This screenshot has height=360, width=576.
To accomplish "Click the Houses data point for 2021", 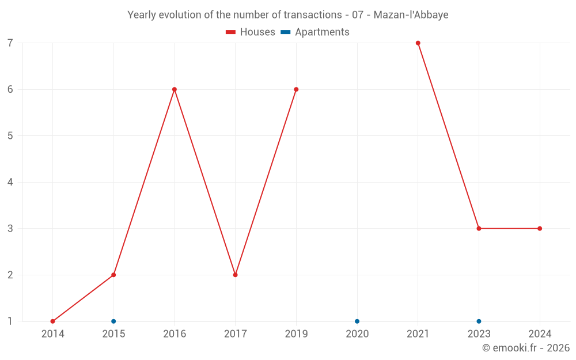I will [x=418, y=43].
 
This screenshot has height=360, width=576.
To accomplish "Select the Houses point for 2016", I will [x=175, y=89].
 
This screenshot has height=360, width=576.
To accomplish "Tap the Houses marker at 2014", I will [x=52, y=321].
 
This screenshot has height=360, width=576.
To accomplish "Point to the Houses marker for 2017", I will [x=236, y=275].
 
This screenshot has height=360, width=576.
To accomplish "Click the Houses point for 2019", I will [x=296, y=89].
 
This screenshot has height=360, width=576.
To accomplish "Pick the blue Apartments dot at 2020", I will [x=357, y=321].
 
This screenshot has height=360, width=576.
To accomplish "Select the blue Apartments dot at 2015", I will [x=113, y=321].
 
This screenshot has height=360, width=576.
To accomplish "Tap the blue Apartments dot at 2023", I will [x=479, y=321].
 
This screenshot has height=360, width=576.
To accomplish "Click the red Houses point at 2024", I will [x=540, y=229].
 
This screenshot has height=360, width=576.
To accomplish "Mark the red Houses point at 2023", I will [x=479, y=229].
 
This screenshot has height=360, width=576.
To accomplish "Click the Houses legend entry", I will [x=251, y=32].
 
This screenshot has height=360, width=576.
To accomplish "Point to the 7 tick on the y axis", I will [x=10, y=43].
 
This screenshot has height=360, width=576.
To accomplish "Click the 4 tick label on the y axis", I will [x=10, y=182].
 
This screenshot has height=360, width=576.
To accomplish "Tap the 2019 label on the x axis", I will [x=296, y=334].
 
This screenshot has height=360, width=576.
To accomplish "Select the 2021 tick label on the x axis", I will [x=418, y=334].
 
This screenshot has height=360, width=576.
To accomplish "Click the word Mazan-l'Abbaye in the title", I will [x=411, y=15].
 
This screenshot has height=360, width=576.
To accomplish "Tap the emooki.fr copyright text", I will [x=526, y=348].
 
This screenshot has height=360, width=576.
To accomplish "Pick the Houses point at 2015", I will [x=113, y=275].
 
